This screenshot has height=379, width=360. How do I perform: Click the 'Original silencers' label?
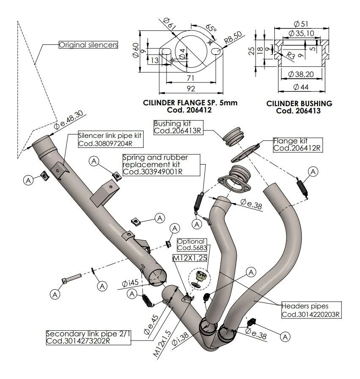click(x=88, y=44)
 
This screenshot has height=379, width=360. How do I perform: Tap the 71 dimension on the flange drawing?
click(x=191, y=78)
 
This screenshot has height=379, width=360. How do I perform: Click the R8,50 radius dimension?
click(x=234, y=40)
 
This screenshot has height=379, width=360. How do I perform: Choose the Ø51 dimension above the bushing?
click(x=300, y=24)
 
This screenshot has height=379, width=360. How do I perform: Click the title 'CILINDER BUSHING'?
click(x=299, y=103)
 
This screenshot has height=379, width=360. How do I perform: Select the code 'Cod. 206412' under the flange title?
click(x=190, y=110)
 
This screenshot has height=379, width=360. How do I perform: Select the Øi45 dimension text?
click(x=131, y=283)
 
